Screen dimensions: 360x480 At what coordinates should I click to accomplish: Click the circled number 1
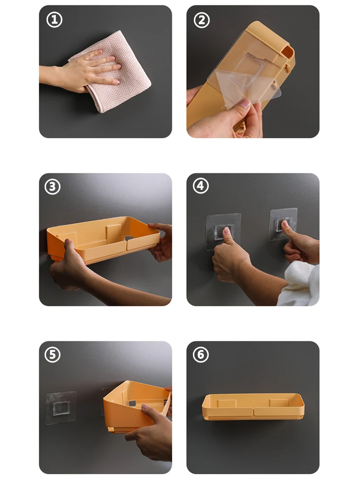coord(54,20)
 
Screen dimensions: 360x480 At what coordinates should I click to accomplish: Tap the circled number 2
coord(202,20)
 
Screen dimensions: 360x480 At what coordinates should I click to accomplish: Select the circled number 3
coord(53,187)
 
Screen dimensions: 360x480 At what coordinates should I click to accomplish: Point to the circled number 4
coord(201,186)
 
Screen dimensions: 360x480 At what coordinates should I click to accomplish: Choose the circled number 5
coord(53,355)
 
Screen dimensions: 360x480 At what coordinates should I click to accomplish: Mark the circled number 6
coord(201,355)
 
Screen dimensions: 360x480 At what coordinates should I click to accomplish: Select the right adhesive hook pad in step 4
coord(283,224)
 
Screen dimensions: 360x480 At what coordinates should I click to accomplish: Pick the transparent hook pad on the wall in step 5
coord(60,408)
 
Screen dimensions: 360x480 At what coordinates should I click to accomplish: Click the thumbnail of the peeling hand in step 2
coord(245,104)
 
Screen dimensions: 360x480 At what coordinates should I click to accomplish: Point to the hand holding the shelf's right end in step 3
coord(160,242)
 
